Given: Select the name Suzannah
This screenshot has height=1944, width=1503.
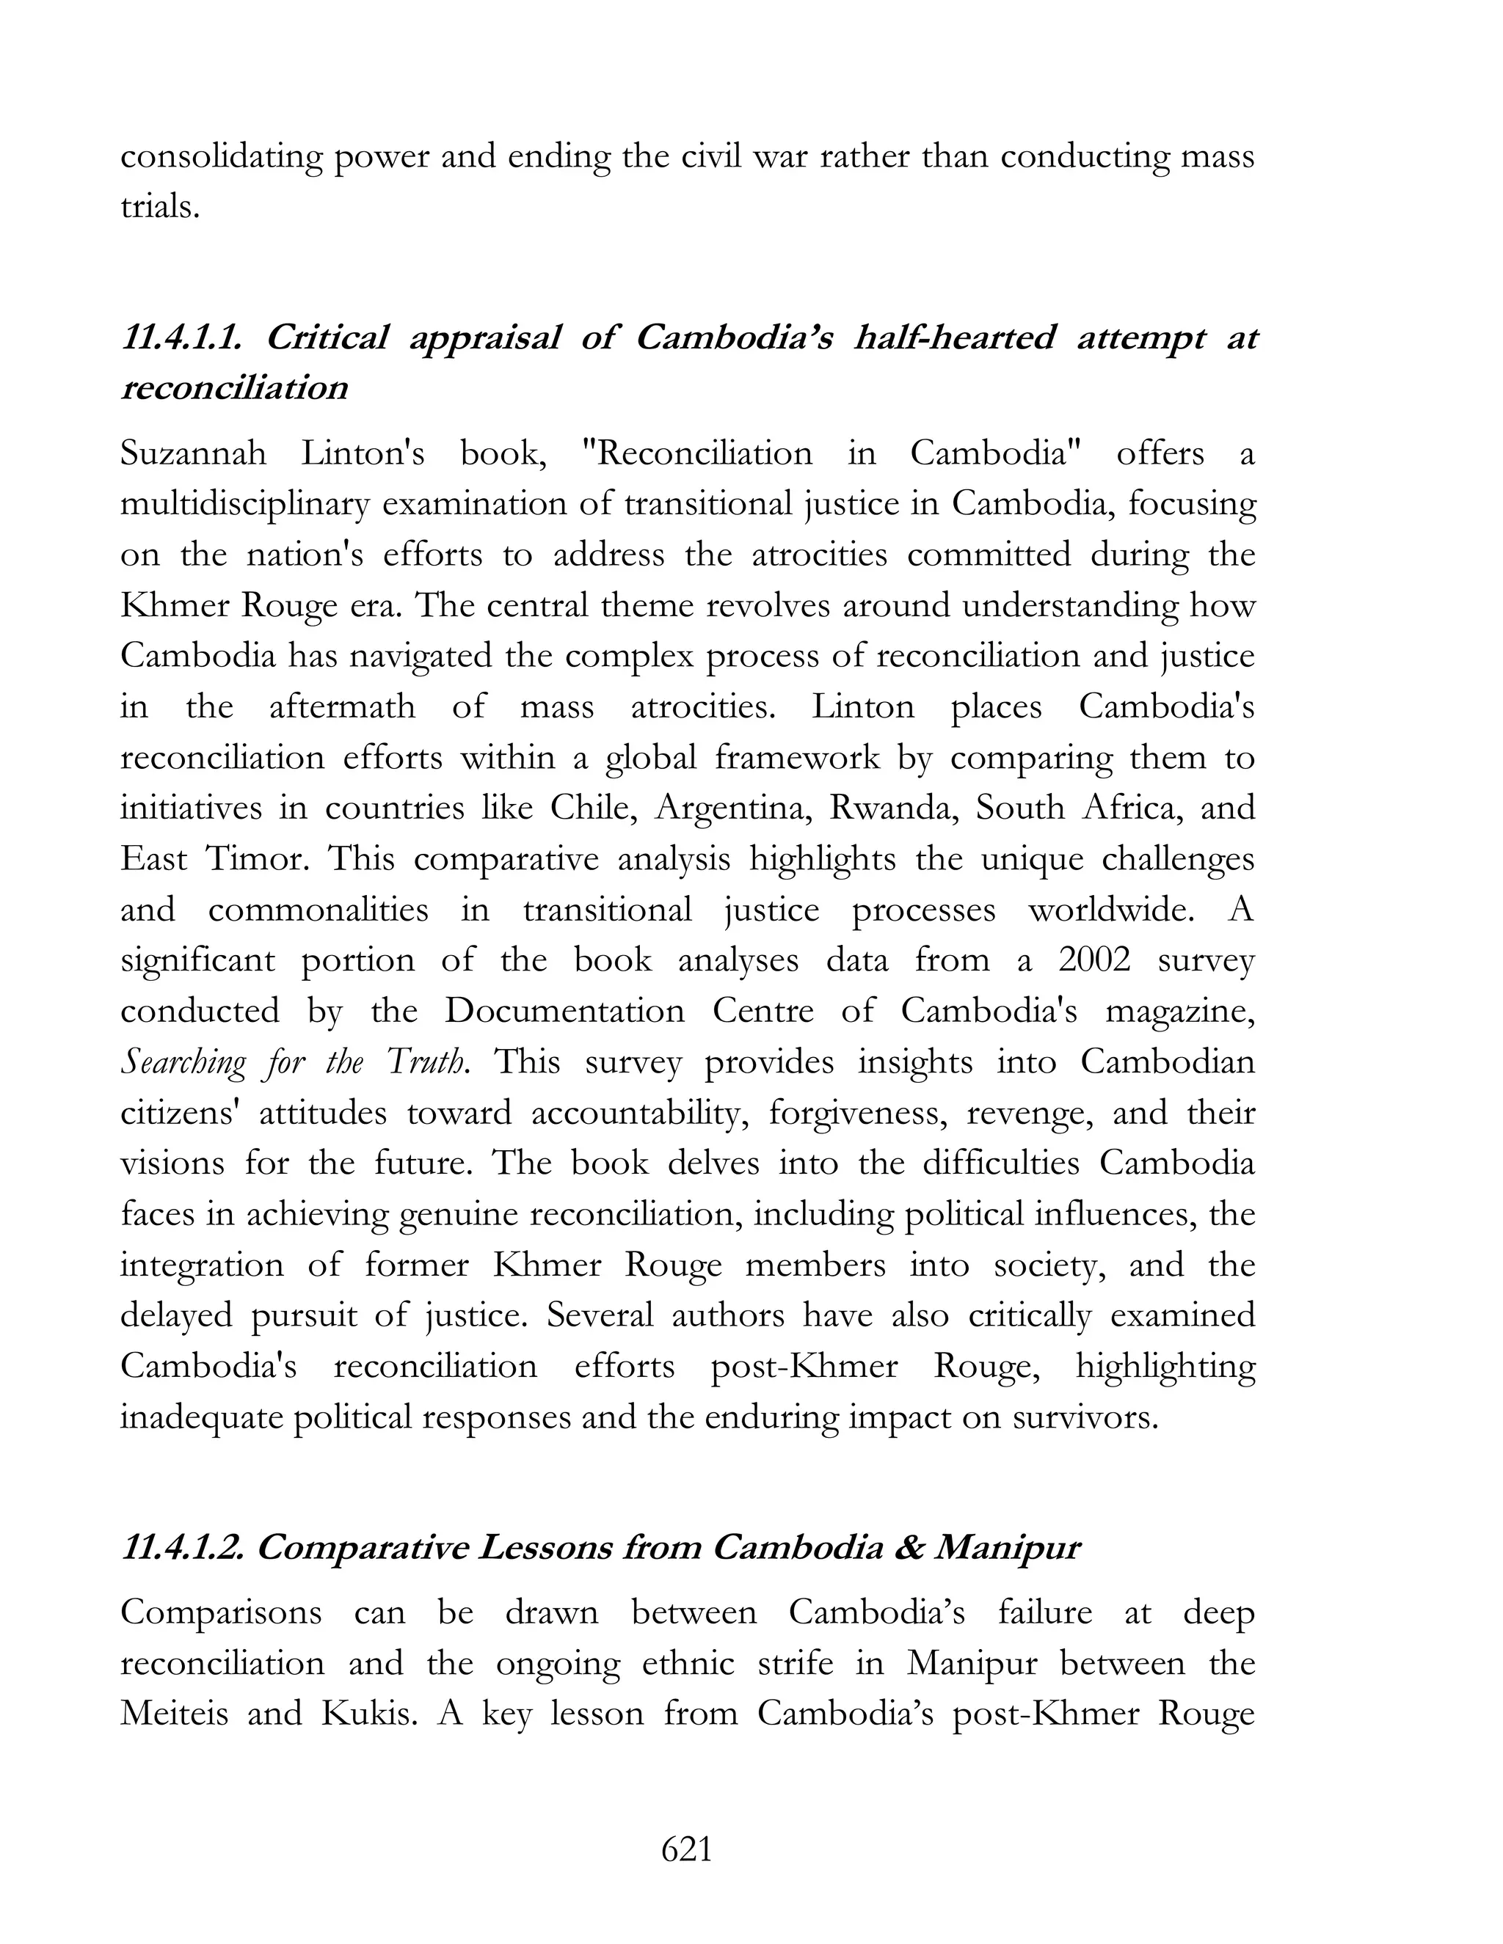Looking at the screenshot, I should [193, 454].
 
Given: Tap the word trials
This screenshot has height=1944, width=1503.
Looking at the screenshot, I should [159, 207].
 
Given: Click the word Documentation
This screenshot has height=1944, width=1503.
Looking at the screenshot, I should [564, 1011].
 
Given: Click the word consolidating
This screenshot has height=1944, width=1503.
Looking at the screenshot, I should [221, 157].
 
